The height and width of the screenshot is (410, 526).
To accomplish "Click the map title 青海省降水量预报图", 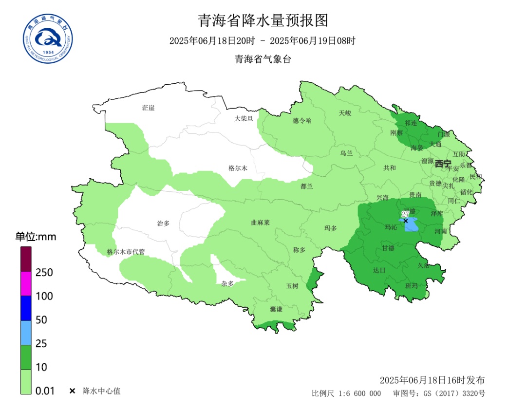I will (x=263, y=20).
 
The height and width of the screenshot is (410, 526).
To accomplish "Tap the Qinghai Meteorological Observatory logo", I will (x=48, y=39).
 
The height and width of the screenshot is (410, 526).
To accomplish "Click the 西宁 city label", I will (x=443, y=164).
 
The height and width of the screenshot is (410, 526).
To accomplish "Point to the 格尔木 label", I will (x=238, y=168).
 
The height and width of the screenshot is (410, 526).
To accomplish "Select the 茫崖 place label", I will (x=148, y=108).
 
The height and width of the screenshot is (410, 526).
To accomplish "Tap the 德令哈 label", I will (x=301, y=121).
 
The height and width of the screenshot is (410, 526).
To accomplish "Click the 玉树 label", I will (x=292, y=286).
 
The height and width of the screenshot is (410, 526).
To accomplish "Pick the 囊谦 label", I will (x=276, y=310).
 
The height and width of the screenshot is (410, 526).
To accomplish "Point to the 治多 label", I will (x=163, y=223).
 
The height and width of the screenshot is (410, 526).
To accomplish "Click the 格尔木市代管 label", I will (x=126, y=252).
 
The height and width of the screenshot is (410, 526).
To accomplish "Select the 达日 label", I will (x=379, y=269).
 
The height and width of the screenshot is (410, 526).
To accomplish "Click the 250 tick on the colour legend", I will (x=44, y=272).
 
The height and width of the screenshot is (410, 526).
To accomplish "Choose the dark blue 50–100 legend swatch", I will (x=26, y=308).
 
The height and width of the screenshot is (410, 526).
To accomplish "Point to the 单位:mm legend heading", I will (x=36, y=237).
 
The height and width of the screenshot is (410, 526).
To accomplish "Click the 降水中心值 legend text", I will (x=101, y=391).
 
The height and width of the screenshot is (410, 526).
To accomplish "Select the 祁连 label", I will (x=411, y=123).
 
